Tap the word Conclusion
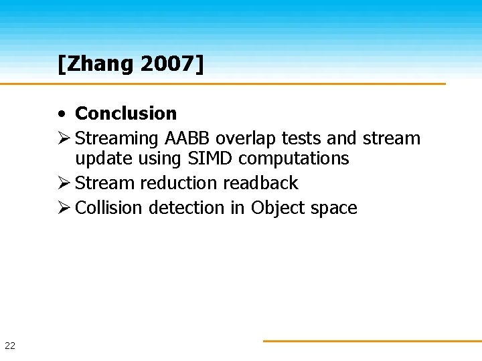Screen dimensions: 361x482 tap(126, 114)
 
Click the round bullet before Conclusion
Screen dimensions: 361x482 tap(61, 114)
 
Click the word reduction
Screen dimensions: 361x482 tap(179, 183)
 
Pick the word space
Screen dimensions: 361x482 tap(333, 209)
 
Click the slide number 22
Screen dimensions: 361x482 tap(10, 346)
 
